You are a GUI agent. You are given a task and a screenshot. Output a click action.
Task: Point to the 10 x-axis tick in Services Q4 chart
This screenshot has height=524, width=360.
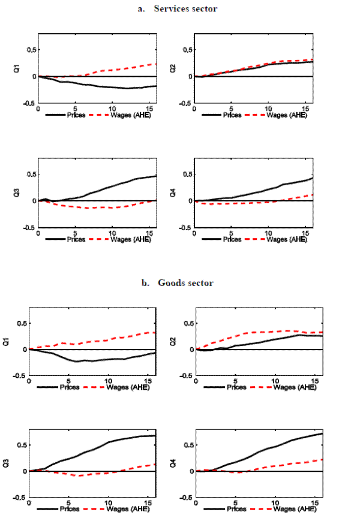[x=268, y=233]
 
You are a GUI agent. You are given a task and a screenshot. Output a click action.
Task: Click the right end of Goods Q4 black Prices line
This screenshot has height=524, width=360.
[x=323, y=433]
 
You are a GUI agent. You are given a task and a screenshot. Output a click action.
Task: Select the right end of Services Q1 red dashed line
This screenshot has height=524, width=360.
[x=157, y=64]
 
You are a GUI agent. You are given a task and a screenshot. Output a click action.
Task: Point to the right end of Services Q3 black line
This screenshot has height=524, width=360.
[x=157, y=176]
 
